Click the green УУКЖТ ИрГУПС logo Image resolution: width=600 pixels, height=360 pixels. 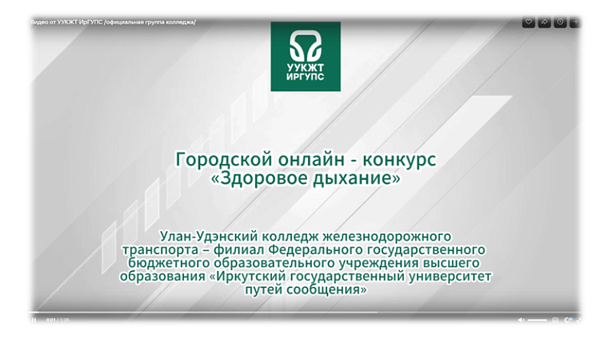click(305, 56)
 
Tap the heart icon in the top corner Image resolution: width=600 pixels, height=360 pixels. click(528, 22)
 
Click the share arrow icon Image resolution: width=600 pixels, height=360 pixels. click(544, 22)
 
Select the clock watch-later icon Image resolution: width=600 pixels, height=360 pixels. click(560, 22)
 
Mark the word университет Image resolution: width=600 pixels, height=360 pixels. click(449, 277)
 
